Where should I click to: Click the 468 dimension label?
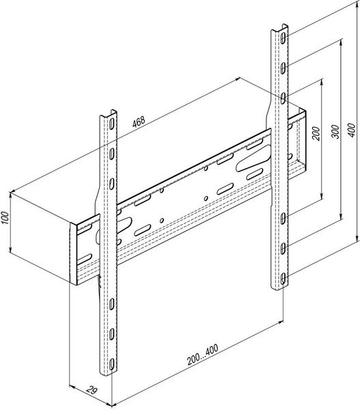[x=138, y=122]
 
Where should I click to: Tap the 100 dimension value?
[x=5, y=218]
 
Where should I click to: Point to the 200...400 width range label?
[x=202, y=355]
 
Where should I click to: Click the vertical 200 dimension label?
[x=316, y=133]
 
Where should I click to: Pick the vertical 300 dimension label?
[x=335, y=131]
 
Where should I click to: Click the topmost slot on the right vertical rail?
[x=283, y=38]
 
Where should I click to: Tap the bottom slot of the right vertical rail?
[x=283, y=279]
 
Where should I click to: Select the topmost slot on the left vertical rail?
[x=111, y=124]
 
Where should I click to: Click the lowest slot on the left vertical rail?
[x=111, y=364]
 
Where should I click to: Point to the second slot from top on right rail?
[x=283, y=68]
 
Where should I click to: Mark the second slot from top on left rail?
[x=111, y=153]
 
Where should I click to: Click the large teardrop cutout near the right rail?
[x=252, y=159]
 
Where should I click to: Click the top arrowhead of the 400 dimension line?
[x=357, y=3]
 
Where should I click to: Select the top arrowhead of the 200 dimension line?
[x=322, y=81]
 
